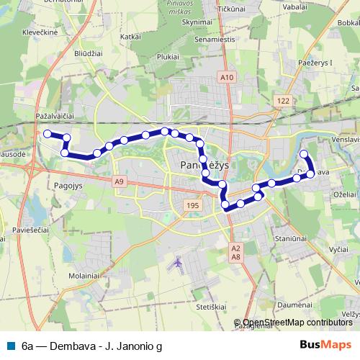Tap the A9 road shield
(x=119, y=182)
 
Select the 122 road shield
(x=283, y=102)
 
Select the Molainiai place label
(x=84, y=276)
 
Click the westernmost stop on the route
(x=48, y=133)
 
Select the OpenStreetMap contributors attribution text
(x=297, y=323)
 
